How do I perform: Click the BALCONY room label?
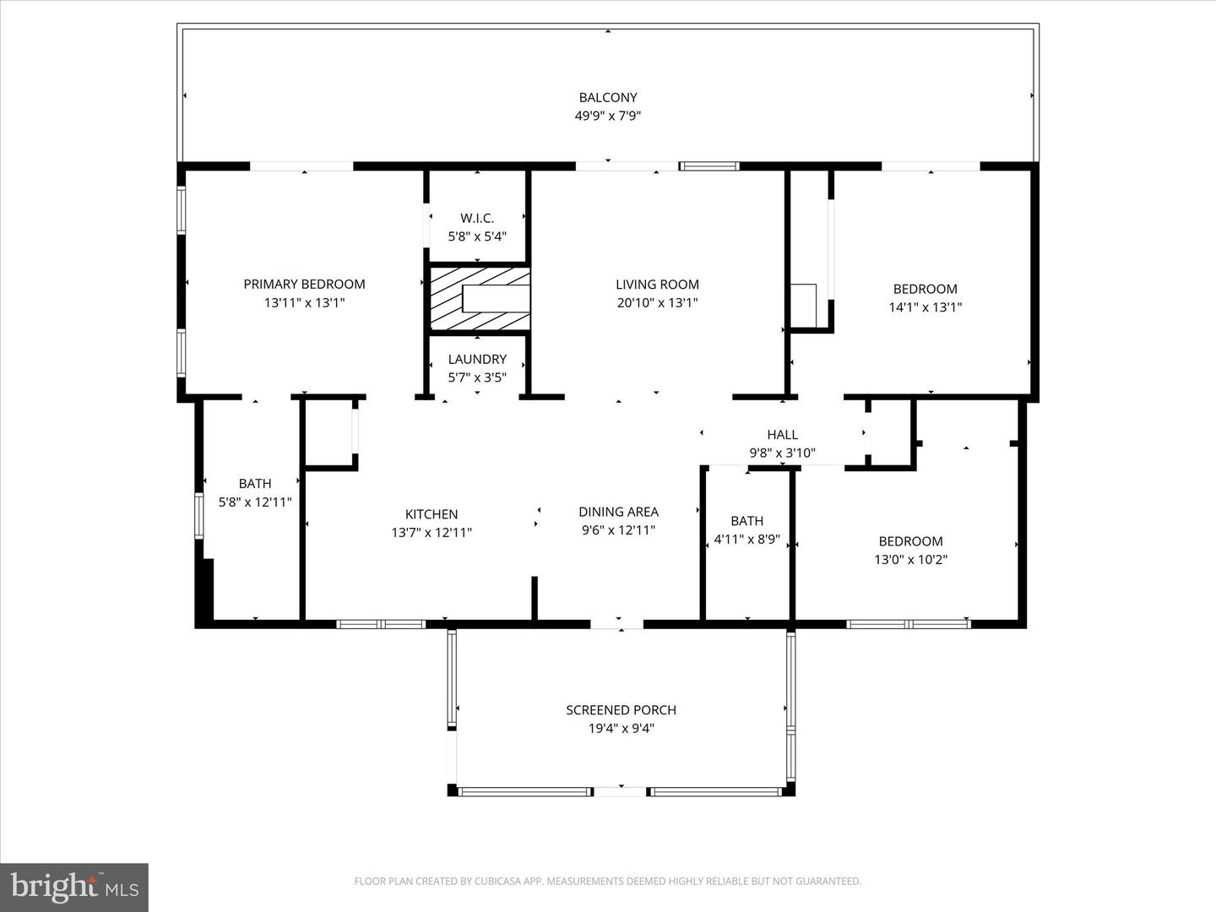(x=607, y=97)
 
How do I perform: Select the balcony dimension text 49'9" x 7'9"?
(x=607, y=116)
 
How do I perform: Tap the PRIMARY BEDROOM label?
(x=304, y=284)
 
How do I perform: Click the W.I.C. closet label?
(x=477, y=218)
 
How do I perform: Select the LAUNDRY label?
(x=477, y=359)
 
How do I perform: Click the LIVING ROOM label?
(x=657, y=284)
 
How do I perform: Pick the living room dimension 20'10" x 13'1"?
(x=657, y=302)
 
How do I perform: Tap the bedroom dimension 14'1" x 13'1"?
(x=925, y=307)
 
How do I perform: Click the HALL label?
(x=782, y=434)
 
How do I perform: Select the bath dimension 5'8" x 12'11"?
(x=255, y=502)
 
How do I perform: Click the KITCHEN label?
(x=432, y=513)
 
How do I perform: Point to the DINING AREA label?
(x=618, y=511)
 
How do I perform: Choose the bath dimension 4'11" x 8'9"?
(x=746, y=539)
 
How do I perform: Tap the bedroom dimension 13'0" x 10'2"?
(x=910, y=559)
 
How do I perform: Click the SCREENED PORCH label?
(x=621, y=709)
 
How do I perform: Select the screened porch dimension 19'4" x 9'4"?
(x=621, y=728)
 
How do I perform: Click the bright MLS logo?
(x=74, y=887)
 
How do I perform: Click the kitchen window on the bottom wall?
(x=380, y=624)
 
